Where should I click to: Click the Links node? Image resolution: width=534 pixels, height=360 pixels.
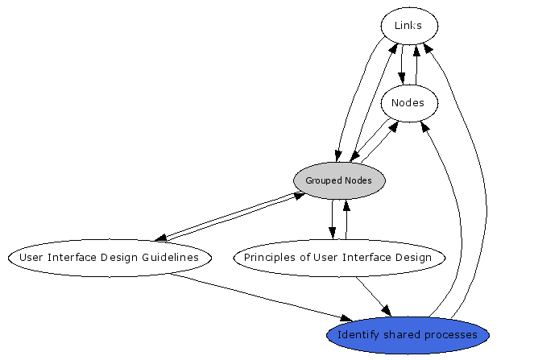coord(408,26)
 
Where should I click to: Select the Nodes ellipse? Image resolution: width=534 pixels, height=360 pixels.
coord(408,103)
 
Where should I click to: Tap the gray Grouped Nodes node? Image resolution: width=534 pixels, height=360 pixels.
coord(339,180)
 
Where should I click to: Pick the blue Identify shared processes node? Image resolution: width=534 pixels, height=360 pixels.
coord(408,334)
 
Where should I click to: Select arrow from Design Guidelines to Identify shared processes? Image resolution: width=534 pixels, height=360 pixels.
coord(266,298)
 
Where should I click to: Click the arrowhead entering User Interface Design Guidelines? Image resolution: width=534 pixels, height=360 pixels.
coord(160,238)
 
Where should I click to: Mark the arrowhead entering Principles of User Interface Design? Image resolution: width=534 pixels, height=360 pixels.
coord(332,234)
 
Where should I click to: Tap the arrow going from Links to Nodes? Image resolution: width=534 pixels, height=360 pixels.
coord(402,64)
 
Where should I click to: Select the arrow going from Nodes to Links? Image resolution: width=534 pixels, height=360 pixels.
coord(416,64)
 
